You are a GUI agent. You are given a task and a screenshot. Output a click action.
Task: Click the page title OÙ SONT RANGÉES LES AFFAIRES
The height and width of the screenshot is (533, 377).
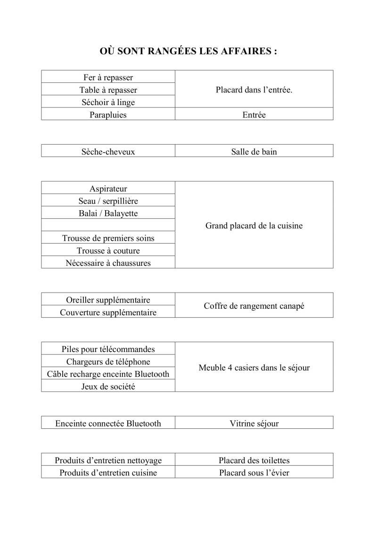[188, 51]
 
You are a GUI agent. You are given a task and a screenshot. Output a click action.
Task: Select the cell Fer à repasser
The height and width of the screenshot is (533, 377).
[108, 77]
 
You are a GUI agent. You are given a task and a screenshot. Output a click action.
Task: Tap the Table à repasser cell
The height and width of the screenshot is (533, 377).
[108, 90]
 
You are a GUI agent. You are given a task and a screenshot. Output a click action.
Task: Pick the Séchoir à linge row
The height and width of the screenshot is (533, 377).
[108, 102]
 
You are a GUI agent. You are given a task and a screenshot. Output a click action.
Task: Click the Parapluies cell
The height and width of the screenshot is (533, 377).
[108, 115]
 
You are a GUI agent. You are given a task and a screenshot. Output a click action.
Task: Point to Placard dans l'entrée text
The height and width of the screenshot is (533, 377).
[254, 90]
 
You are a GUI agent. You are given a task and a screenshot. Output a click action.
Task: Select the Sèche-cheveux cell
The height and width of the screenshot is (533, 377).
[108, 151]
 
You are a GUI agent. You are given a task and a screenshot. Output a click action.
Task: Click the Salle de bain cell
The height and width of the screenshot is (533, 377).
[254, 151]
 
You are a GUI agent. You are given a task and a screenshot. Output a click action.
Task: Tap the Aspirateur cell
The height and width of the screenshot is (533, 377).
[108, 189]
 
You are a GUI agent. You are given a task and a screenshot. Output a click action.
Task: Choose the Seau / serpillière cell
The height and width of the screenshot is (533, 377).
[108, 201]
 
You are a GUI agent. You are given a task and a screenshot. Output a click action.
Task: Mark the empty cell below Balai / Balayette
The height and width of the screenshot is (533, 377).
[108, 225]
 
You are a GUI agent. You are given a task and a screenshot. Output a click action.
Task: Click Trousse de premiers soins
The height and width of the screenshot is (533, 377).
[108, 238]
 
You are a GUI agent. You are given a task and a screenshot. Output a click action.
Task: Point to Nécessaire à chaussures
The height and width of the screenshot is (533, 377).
[108, 262]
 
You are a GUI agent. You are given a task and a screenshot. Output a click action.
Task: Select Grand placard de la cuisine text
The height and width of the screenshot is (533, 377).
[254, 225]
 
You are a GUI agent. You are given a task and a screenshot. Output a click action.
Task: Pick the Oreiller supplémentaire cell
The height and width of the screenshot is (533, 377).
[108, 300]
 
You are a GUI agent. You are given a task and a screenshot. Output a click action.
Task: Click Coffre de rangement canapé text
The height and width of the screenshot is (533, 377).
[254, 306]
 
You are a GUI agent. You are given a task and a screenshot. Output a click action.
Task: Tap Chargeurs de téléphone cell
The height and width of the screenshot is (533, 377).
[108, 361]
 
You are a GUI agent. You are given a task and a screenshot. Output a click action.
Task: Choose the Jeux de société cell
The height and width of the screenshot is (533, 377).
[108, 386]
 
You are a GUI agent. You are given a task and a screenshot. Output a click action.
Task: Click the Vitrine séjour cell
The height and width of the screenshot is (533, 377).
[254, 423]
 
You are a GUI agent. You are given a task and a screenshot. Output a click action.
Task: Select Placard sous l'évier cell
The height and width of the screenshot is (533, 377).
[254, 472]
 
